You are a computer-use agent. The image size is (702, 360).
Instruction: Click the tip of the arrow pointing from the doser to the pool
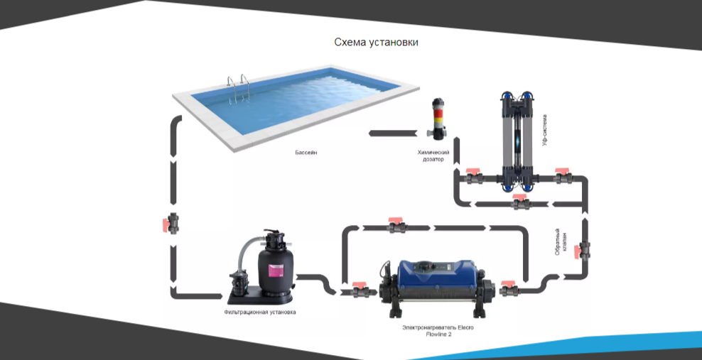369,133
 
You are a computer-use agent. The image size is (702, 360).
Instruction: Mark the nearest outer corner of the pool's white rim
235,153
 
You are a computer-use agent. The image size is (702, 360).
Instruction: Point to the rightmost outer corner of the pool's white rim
419,87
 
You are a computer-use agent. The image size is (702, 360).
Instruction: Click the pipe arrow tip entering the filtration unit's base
222,296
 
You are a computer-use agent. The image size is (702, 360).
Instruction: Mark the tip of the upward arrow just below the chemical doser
456,138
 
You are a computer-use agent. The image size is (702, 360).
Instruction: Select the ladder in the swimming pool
238,89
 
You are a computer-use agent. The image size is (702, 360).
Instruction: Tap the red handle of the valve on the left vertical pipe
166,224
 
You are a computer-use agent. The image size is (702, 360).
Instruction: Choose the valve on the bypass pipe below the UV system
521,202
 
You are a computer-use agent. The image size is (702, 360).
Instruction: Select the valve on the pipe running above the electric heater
396,225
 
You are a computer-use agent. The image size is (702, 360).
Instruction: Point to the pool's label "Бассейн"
306,153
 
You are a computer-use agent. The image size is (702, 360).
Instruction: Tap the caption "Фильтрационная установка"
259,312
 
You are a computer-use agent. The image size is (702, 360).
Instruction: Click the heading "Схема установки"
376,43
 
